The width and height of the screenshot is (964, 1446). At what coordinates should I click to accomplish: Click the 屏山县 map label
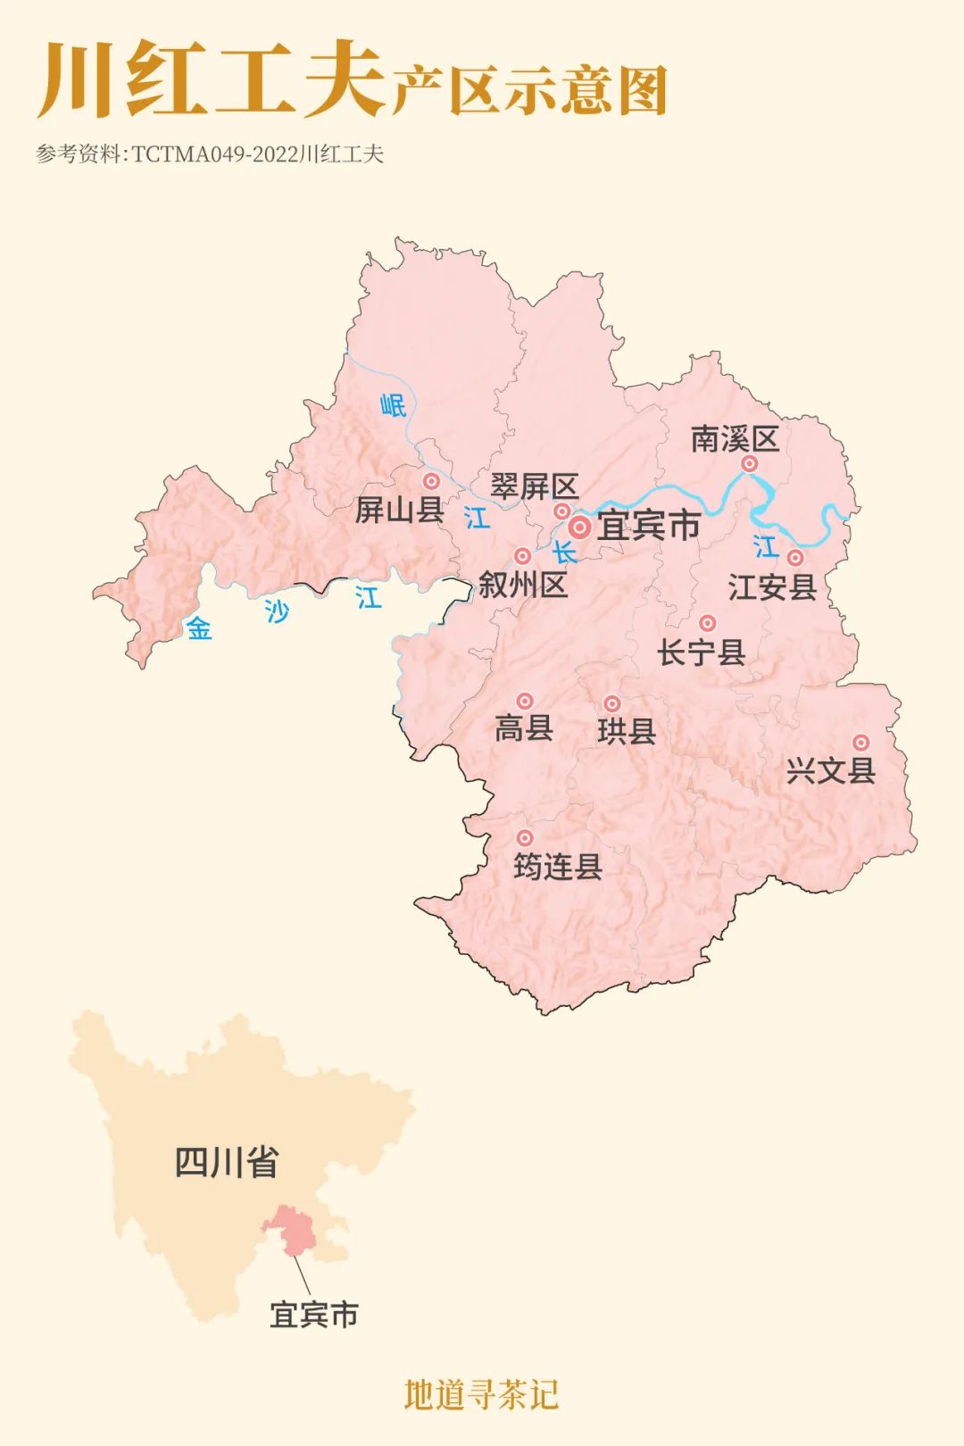tap(399, 511)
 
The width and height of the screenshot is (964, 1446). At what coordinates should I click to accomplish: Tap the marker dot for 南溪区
tap(750, 463)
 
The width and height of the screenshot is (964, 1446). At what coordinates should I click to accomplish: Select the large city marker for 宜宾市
tap(580, 528)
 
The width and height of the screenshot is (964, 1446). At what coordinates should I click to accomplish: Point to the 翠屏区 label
tap(535, 487)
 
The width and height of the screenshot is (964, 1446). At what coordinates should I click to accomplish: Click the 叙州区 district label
tap(523, 586)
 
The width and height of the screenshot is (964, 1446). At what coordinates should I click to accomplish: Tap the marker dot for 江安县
tap(794, 558)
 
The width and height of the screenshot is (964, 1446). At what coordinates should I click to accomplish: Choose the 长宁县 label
tap(702, 652)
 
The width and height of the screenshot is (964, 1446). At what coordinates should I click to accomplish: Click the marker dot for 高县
tap(525, 702)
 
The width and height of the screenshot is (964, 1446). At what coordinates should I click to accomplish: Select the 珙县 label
tap(627, 732)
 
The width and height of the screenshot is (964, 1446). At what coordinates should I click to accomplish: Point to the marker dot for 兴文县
tap(860, 743)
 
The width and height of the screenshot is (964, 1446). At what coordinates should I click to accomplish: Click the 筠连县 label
tap(558, 867)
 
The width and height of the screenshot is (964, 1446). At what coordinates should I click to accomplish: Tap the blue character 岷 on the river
tap(393, 406)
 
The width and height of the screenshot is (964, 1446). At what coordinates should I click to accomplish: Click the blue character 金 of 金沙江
tap(199, 629)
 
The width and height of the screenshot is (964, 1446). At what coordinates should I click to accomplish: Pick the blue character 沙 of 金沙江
tap(277, 611)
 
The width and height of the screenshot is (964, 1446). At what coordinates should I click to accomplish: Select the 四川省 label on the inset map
tap(226, 1162)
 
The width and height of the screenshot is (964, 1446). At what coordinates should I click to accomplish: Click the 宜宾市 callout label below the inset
tap(314, 1315)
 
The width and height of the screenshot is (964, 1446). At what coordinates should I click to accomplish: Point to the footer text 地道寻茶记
tap(481, 1395)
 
